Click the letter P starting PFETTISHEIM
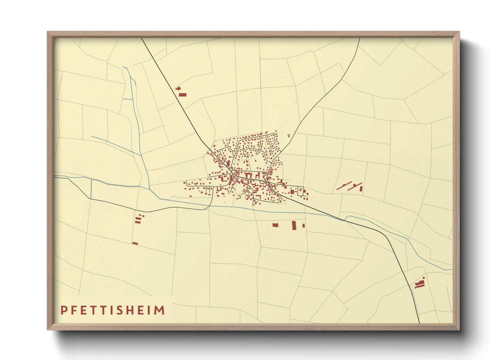click(x=64, y=310)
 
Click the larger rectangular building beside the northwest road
click(x=183, y=94)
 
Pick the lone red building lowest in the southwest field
click(x=135, y=243)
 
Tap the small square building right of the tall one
click(x=303, y=226)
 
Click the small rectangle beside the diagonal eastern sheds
click(x=361, y=189)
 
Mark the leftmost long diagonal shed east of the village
click(x=344, y=186)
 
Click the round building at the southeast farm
click(x=423, y=278)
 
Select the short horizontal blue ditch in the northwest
click(x=127, y=99)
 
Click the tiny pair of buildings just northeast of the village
click(x=289, y=135)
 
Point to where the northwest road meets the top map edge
click(x=142, y=38)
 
